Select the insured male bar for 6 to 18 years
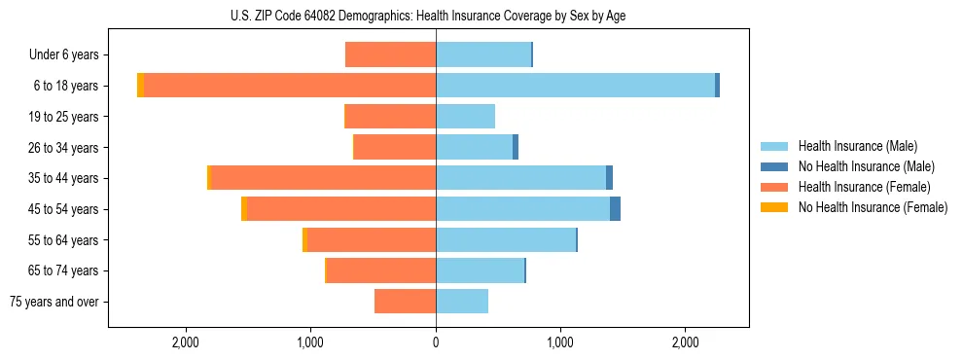click(x=575, y=86)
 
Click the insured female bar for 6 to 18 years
click(x=290, y=86)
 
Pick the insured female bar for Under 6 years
click(x=390, y=54)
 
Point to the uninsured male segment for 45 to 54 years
click(x=615, y=209)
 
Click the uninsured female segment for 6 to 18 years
click(x=141, y=86)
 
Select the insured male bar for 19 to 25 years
click(x=465, y=117)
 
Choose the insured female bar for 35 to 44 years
click(x=323, y=178)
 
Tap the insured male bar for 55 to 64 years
click(x=506, y=240)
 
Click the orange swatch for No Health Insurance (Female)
click(x=775, y=207)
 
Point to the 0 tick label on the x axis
click(x=436, y=343)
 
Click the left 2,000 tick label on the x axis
click(x=185, y=343)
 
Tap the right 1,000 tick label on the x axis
click(x=560, y=343)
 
